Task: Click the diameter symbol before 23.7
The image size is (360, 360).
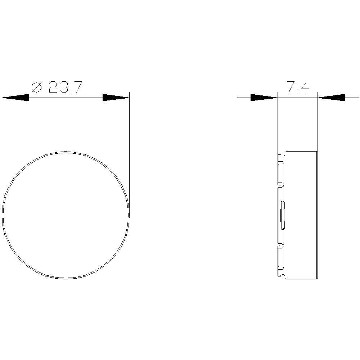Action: click(x=37, y=87)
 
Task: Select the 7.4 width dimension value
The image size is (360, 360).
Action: click(x=297, y=87)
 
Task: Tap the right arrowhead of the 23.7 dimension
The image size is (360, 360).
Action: click(x=116, y=98)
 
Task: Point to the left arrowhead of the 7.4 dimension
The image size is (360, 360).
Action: click(x=264, y=98)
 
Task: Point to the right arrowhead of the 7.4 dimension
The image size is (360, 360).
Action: click(x=332, y=98)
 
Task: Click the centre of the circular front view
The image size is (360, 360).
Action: click(x=66, y=215)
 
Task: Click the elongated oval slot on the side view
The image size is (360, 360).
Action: click(x=283, y=215)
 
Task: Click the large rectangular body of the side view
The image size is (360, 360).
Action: click(x=301, y=215)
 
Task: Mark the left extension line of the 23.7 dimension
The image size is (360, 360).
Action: click(x=2, y=144)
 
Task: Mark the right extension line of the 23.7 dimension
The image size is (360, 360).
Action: click(x=129, y=144)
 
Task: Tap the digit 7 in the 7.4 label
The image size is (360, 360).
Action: click(x=290, y=87)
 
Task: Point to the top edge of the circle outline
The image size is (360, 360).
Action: click(x=66, y=152)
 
